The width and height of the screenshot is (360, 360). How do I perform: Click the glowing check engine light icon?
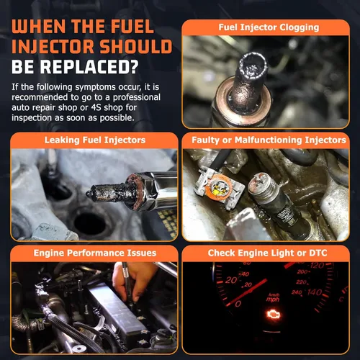[x=274, y=315]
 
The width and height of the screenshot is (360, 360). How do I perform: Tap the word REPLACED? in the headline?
[x=89, y=66]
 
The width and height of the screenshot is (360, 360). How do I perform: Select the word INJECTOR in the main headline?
[x=53, y=46]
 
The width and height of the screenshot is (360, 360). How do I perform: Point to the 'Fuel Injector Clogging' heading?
[x=269, y=27]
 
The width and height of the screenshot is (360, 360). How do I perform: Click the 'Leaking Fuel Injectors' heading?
[x=95, y=140]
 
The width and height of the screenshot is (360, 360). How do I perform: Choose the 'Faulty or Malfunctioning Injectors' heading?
[x=269, y=140]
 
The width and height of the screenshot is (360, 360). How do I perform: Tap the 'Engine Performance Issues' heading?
[x=95, y=253]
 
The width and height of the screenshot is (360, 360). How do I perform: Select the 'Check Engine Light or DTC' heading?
[x=267, y=253]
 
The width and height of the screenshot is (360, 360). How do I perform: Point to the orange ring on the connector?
[x=218, y=189]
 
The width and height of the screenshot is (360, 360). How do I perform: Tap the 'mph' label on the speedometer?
[x=273, y=300]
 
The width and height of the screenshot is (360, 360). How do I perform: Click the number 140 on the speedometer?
[x=315, y=292]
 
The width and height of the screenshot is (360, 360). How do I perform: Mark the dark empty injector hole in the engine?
[x=89, y=223]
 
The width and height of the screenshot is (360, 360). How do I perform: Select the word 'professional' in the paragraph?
[x=137, y=97]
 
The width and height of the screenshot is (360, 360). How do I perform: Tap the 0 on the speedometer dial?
[x=238, y=304]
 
